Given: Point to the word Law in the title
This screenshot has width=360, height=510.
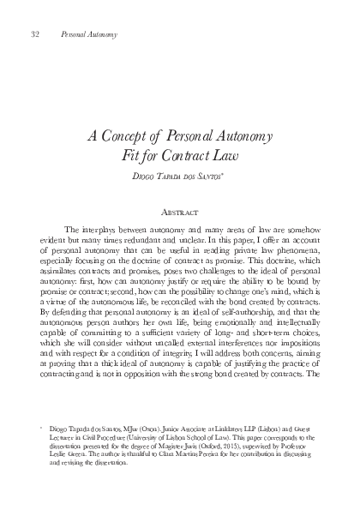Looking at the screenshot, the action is coord(225,154).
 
